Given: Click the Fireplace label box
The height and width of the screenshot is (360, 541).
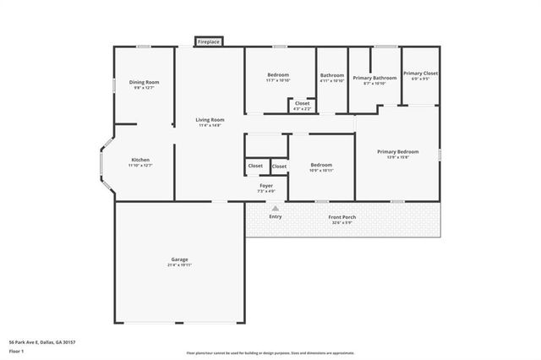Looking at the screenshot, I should click(209, 41).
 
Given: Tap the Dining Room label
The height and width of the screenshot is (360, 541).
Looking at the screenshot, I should click(145, 82).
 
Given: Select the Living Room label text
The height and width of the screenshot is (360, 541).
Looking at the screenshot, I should click(210, 120).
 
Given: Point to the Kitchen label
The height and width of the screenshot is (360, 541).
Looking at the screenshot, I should click(140, 160).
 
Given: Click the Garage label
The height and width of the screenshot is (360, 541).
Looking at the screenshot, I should click(179, 259).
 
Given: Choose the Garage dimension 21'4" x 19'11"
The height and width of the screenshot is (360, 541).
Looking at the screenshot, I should click(179, 265).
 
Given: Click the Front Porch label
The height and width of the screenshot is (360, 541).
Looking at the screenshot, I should click(342, 216).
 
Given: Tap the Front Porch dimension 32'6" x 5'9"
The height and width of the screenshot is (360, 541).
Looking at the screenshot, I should click(342, 222).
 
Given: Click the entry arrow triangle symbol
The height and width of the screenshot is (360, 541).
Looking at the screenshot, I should click(275, 207).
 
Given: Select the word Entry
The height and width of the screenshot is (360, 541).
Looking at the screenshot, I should click(276, 216).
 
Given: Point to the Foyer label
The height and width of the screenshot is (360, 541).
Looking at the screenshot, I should click(266, 185).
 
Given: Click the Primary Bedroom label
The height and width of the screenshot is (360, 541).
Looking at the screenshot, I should click(397, 151).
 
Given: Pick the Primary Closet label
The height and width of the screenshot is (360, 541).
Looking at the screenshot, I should click(419, 74).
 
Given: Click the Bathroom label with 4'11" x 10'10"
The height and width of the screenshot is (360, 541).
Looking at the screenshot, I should click(332, 75).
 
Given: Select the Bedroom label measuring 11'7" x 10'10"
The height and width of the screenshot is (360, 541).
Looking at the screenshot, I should click(278, 75).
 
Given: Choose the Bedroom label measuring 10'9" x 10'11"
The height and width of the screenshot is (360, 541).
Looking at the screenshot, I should click(321, 165).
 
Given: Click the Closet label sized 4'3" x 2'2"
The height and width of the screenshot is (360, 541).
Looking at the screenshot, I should click(302, 103).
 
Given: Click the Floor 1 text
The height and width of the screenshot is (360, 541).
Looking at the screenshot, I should click(16, 351).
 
